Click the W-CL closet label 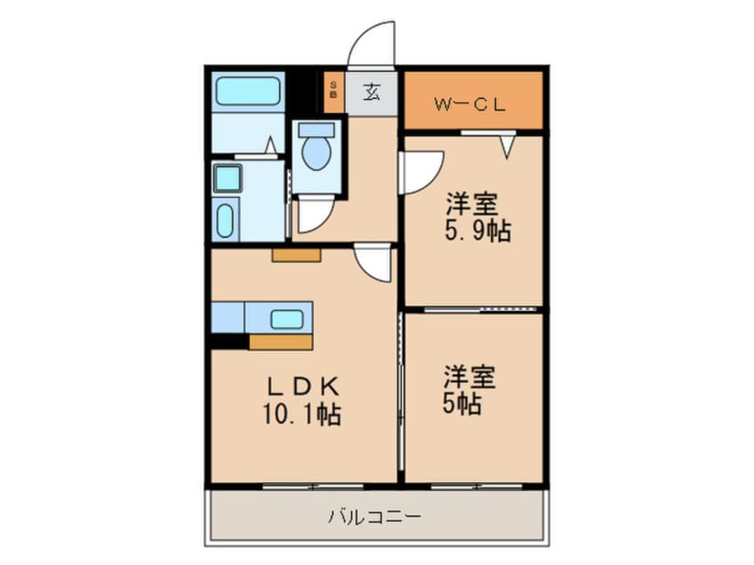(x=471, y=103)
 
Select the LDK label (x=302, y=389)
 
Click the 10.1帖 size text (x=303, y=414)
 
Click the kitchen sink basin (x=286, y=318)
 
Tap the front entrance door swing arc (x=370, y=45)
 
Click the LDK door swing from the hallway (x=373, y=263)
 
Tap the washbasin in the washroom (x=227, y=218)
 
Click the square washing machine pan (x=228, y=178)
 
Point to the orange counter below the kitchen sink (x=281, y=342)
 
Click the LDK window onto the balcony (x=313, y=486)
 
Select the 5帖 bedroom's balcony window (x=472, y=486)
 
